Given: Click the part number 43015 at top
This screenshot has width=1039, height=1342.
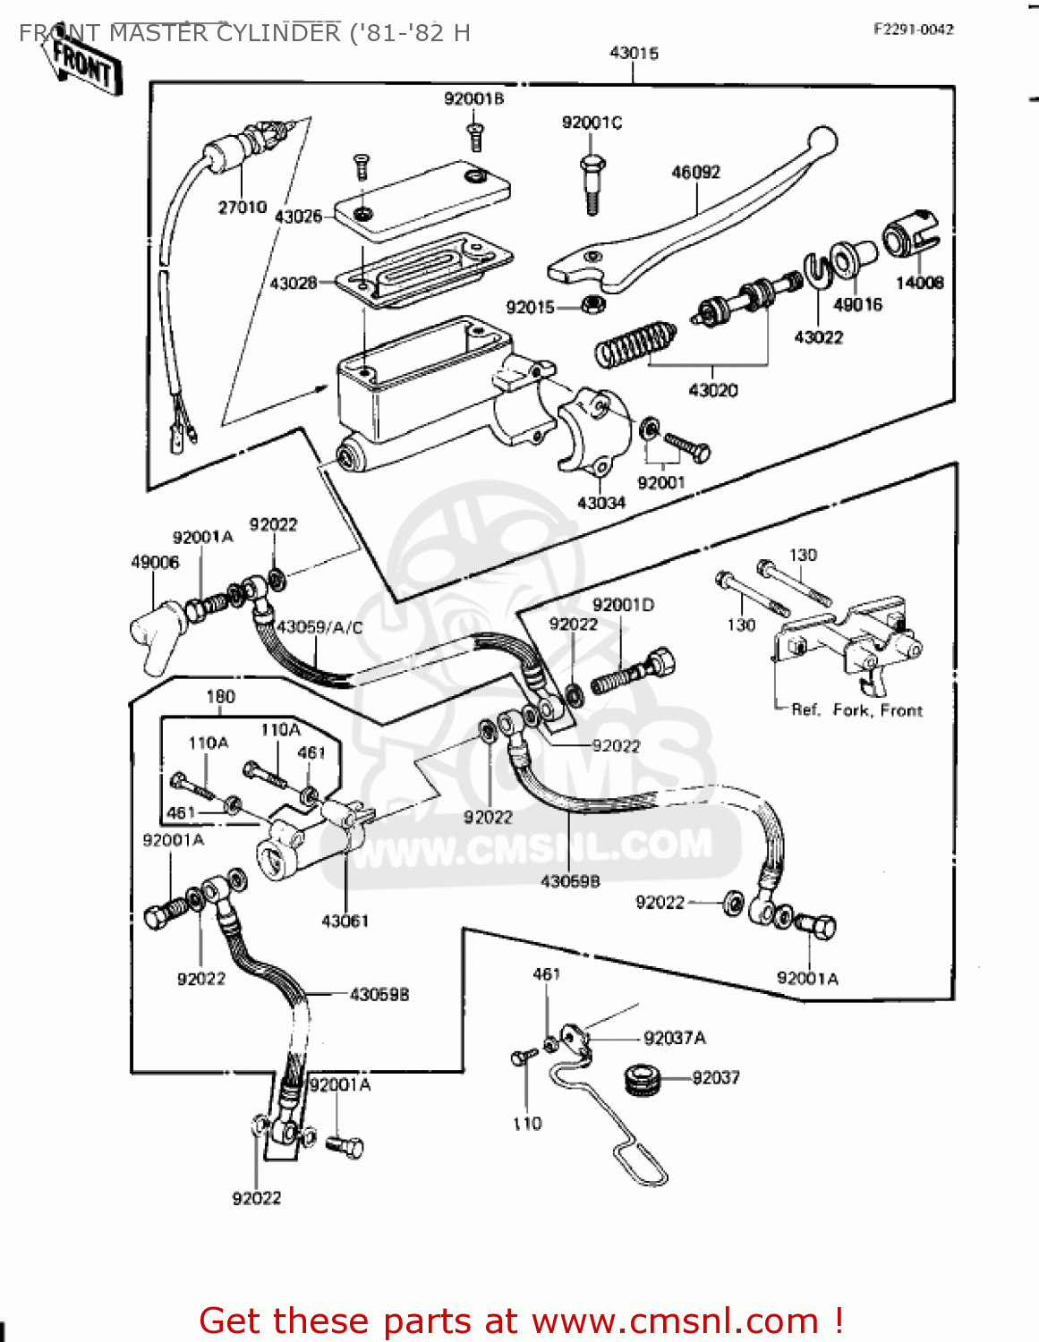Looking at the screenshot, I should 634,54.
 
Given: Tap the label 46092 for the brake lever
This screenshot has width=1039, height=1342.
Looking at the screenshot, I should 695,172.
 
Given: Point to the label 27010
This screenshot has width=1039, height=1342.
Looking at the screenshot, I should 243,208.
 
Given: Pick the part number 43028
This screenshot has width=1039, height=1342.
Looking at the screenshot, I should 294,283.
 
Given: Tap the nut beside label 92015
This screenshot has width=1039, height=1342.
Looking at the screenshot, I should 592,306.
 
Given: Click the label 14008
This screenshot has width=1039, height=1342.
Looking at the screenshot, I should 919,283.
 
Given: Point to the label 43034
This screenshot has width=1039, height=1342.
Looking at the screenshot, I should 600,503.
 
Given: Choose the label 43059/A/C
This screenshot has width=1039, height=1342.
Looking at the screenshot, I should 319,627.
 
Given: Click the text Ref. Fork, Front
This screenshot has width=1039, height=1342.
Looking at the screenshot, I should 856,710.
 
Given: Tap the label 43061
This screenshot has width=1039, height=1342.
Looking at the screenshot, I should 345,921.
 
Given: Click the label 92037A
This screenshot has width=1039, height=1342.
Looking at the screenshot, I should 674,1038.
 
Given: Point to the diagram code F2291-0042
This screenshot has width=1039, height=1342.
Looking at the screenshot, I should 913,30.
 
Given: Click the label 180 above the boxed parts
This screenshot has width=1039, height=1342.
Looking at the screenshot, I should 220,697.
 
